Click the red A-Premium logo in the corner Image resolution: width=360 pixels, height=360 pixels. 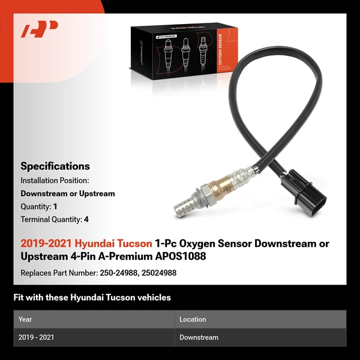click(x=40, y=29)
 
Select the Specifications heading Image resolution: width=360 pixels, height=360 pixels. click(x=55, y=166)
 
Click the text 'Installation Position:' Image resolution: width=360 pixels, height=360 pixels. click(x=55, y=180)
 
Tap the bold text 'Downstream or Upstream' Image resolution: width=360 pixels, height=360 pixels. click(x=68, y=193)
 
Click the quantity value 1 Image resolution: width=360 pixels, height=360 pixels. click(x=55, y=206)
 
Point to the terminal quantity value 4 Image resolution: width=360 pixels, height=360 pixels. click(x=86, y=220)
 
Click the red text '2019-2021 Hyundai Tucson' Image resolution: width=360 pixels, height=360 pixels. click(x=86, y=244)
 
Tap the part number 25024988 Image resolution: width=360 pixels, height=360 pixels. click(x=159, y=272)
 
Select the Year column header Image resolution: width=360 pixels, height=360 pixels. click(x=25, y=319)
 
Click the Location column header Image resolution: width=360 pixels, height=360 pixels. click(x=193, y=319)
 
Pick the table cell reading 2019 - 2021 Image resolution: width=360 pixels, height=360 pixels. click(x=36, y=338)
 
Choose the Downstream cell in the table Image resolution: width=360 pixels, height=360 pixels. click(x=199, y=338)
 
